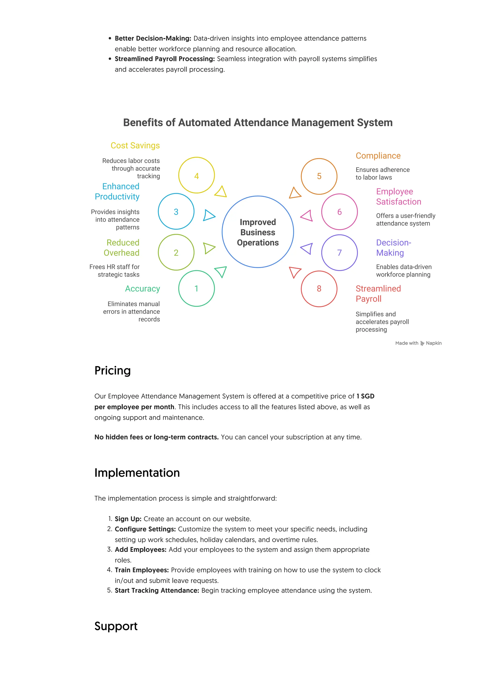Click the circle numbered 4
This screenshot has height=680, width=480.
pyautogui.click(x=196, y=175)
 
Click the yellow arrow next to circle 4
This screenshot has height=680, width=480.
pyautogui.click(x=221, y=192)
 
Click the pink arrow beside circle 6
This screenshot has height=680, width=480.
pyautogui.click(x=307, y=216)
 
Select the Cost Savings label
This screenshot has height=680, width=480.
pyautogui.click(x=135, y=145)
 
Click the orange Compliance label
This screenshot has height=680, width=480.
pyautogui.click(x=378, y=156)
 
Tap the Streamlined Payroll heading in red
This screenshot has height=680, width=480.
pyautogui.click(x=378, y=294)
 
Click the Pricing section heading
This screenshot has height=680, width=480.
pyautogui.click(x=112, y=371)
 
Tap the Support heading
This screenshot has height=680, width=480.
pyautogui.click(x=116, y=626)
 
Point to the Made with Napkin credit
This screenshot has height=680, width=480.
pyautogui.click(x=418, y=343)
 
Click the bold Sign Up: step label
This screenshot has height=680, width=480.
pyautogui.click(x=128, y=519)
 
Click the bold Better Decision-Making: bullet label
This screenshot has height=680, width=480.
pyautogui.click(x=153, y=38)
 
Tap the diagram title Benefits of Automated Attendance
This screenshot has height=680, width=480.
pyautogui.click(x=258, y=123)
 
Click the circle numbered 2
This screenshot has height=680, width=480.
pyautogui.click(x=176, y=253)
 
